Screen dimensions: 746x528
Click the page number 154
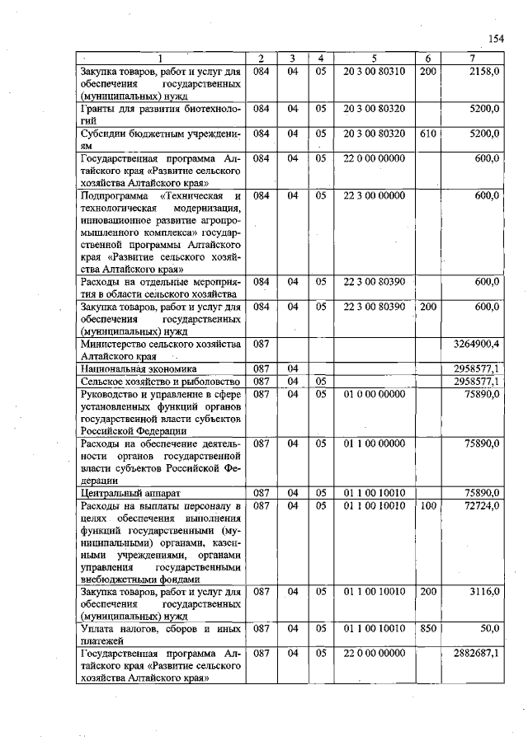pyautogui.click(x=495, y=39)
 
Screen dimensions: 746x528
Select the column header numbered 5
pyautogui.click(x=374, y=59)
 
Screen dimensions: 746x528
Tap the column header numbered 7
pyautogui.click(x=472, y=59)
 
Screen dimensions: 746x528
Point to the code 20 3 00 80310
pyautogui.click(x=374, y=73)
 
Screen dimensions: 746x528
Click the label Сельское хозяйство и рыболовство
pyautogui.click(x=159, y=382)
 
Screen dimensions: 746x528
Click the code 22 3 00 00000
pyautogui.click(x=374, y=195)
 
